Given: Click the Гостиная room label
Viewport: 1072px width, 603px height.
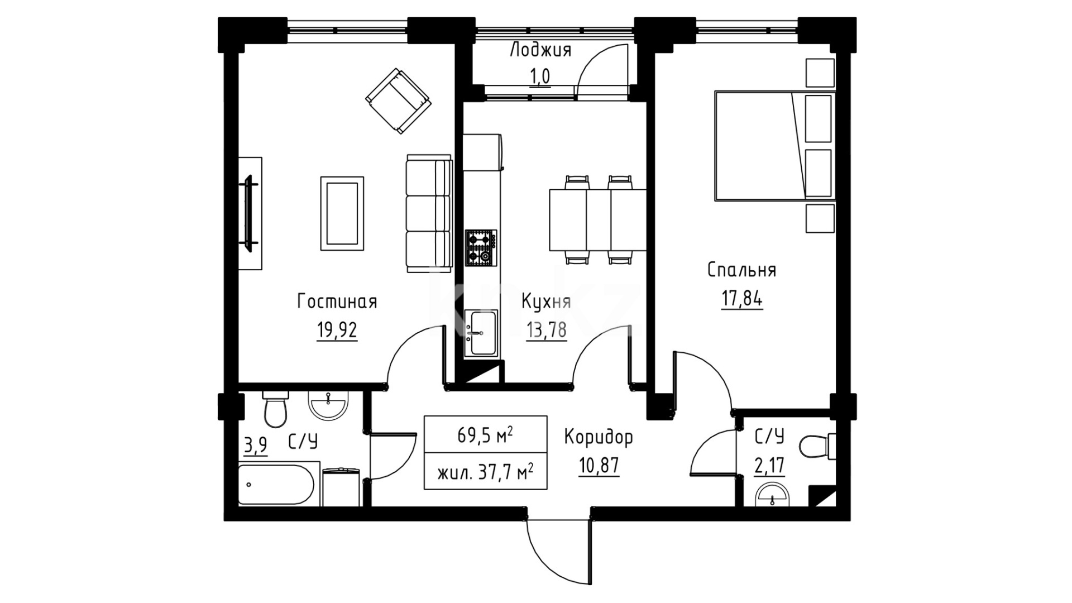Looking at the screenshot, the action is [337, 302].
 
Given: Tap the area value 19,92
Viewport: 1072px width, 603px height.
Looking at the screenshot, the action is [337, 331].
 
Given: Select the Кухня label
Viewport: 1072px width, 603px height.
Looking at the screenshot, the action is [546, 302].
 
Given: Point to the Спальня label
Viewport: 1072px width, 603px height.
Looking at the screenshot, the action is [741, 270].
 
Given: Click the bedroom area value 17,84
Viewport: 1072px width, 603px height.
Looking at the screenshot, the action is [741, 299].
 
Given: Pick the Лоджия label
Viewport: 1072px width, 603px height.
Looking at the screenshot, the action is [540, 50].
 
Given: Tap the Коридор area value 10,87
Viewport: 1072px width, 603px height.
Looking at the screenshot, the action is [599, 465].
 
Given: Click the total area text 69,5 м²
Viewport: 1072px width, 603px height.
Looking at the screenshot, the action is [485, 434].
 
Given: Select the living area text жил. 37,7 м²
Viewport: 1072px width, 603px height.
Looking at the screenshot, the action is [485, 473].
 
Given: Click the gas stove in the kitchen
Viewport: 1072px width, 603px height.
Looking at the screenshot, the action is [481, 247].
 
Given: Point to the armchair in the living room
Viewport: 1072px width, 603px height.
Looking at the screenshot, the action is [398, 101].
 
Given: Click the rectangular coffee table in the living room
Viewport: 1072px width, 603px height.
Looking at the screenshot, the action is [342, 213].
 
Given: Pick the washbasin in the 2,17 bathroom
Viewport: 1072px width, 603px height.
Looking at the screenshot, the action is [772, 496].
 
